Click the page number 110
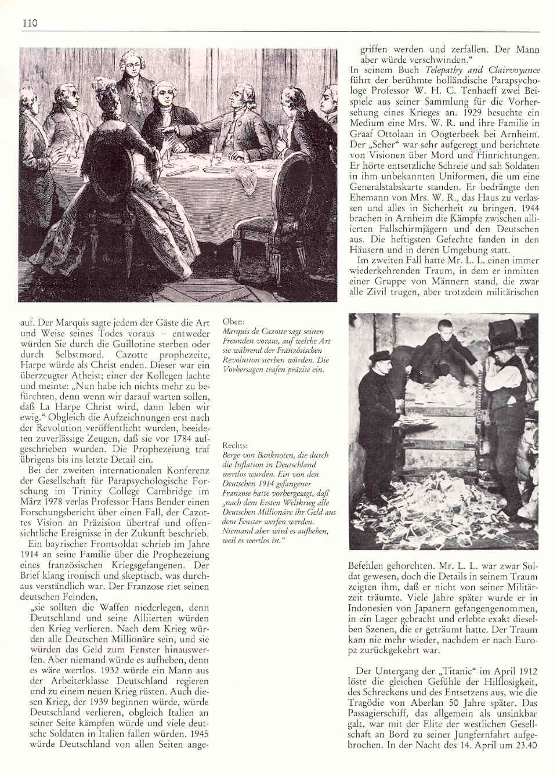(30, 23)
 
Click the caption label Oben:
(233, 321)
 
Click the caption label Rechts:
(236, 445)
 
